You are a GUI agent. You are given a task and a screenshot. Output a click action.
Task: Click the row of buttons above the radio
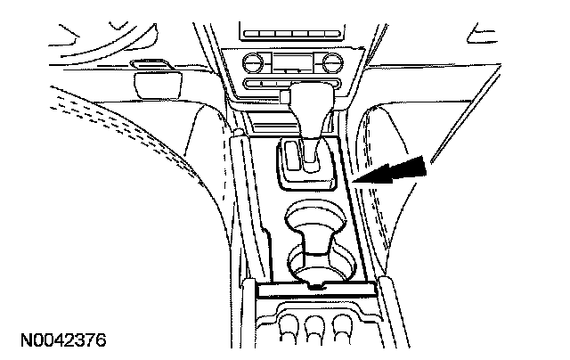(295, 34)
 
